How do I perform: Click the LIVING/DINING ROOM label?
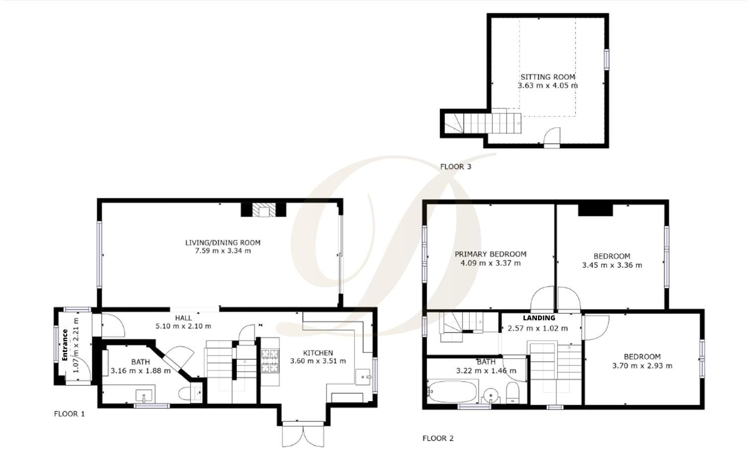click(223, 243)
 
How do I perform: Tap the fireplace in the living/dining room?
click(263, 210)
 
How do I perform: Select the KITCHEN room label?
click(318, 353)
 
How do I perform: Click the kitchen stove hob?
click(270, 361)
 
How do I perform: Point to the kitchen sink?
click(364, 377)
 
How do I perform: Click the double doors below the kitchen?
click(303, 435)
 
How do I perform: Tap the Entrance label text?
click(65, 345)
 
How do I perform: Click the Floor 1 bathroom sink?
click(144, 396)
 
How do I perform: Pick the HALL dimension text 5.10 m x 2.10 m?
click(183, 326)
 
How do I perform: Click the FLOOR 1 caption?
click(70, 414)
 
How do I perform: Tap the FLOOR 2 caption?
click(438, 439)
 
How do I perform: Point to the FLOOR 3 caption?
click(455, 167)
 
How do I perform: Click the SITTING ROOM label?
click(547, 77)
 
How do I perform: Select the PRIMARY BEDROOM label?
click(490, 254)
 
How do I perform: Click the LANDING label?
click(539, 318)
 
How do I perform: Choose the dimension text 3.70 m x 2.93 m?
click(642, 366)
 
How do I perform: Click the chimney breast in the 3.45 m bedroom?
click(596, 210)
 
